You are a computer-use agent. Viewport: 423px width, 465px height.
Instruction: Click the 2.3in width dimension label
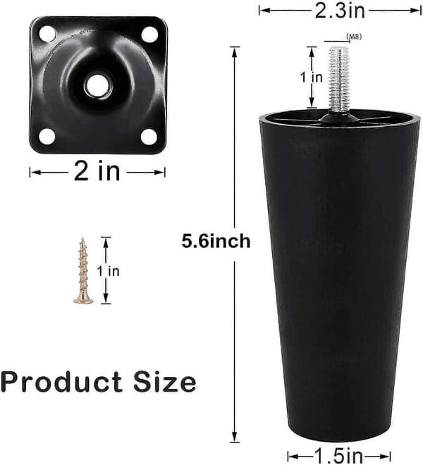coord(339,11)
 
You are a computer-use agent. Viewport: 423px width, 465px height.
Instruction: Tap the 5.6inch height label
coord(216,241)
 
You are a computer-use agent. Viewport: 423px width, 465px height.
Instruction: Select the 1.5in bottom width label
coord(338,456)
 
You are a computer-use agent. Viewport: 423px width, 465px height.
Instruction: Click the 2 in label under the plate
coord(97,171)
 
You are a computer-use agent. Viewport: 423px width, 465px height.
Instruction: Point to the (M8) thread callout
coord(354,37)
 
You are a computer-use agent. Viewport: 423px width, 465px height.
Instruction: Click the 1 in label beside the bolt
coord(311,77)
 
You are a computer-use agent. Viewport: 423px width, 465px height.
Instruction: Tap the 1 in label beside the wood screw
coord(109,271)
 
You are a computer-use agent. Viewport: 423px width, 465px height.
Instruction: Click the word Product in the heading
coord(61,381)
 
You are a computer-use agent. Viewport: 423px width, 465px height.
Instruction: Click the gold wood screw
coord(82,271)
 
